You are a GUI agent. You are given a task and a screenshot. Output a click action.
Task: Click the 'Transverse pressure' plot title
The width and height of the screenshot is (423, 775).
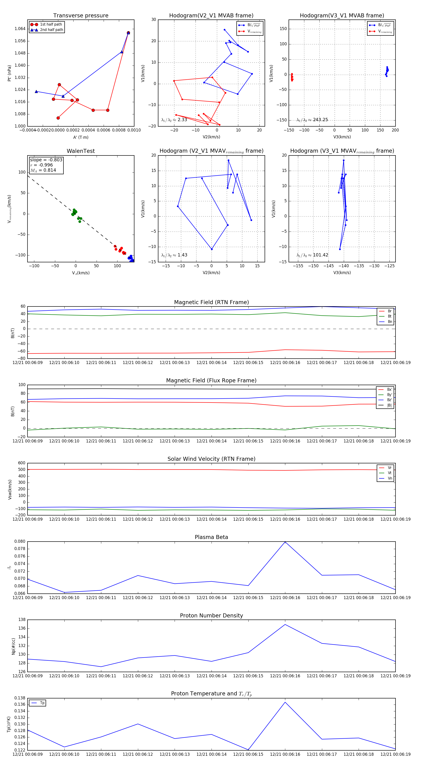click(x=81, y=16)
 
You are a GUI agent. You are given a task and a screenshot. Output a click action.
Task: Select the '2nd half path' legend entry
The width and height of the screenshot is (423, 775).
click(x=51, y=30)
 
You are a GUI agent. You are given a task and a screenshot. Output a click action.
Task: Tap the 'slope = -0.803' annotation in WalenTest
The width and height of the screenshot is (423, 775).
click(x=46, y=160)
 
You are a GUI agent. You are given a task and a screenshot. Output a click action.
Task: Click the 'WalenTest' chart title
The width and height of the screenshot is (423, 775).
click(x=81, y=151)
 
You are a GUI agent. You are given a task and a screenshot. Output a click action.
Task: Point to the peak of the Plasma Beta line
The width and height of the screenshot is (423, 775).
click(x=285, y=542)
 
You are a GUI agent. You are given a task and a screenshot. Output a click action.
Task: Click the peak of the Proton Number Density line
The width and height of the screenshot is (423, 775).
click(x=285, y=624)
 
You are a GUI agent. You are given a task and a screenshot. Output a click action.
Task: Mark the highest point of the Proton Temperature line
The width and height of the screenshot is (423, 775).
click(x=285, y=702)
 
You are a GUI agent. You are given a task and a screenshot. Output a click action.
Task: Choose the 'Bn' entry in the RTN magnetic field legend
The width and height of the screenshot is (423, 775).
click(x=390, y=322)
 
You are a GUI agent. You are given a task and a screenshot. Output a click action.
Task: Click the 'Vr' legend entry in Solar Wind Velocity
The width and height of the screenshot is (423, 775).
click(x=390, y=468)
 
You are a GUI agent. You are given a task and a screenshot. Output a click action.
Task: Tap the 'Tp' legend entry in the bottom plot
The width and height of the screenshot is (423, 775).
click(x=42, y=703)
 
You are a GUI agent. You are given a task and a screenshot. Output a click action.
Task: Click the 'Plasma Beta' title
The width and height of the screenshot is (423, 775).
click(x=211, y=537)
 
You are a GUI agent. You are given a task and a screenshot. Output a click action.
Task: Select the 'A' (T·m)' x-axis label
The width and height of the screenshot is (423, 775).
click(x=81, y=137)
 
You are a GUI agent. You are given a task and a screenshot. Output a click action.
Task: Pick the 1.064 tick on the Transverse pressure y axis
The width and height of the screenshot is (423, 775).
click(x=20, y=29)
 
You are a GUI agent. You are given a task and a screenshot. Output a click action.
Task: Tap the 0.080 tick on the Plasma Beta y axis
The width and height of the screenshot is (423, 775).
click(x=20, y=542)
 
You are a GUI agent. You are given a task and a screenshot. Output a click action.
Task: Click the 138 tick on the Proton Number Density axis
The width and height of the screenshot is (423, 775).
click(x=22, y=620)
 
